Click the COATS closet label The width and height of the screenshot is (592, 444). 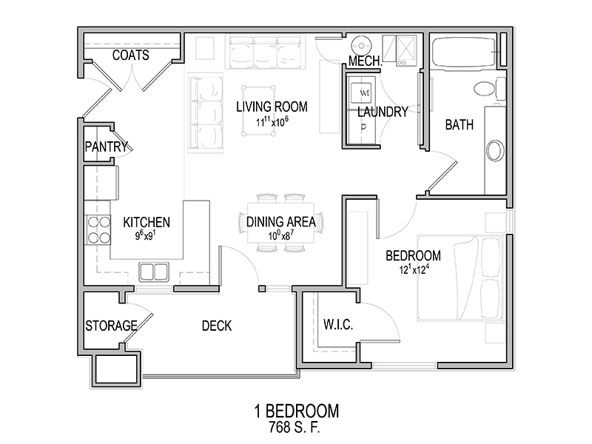(131, 55)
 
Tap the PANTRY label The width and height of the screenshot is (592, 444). (107, 147)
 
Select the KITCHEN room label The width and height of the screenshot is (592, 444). (147, 222)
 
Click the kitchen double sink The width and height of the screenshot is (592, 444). (154, 272)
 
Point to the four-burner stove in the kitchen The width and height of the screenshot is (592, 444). (99, 229)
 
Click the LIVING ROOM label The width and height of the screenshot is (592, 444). (272, 107)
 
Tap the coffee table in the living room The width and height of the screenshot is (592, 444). (258, 110)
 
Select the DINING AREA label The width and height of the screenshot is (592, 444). (281, 221)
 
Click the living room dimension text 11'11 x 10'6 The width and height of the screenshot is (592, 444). (272, 122)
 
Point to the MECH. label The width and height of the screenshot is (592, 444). (366, 61)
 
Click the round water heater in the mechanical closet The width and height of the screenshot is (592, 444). (362, 46)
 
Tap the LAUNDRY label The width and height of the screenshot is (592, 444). (383, 112)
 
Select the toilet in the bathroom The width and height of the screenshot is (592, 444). (489, 89)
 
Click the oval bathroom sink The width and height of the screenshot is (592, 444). (495, 151)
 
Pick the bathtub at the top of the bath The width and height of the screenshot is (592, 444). (464, 52)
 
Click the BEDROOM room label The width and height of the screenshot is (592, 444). (413, 255)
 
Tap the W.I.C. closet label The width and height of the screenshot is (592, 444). (338, 324)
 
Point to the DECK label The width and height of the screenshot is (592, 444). (217, 326)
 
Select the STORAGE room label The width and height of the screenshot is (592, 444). (111, 326)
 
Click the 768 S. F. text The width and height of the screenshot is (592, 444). (294, 427)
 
